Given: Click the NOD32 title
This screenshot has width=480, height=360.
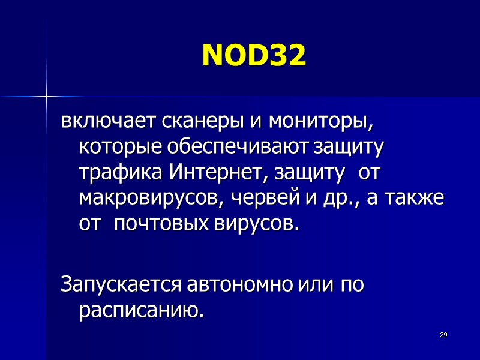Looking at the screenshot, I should pyautogui.click(x=254, y=56).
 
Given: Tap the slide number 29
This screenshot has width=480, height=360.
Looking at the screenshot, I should pyautogui.click(x=444, y=334).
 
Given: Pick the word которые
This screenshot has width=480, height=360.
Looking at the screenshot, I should pyautogui.click(x=121, y=148).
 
